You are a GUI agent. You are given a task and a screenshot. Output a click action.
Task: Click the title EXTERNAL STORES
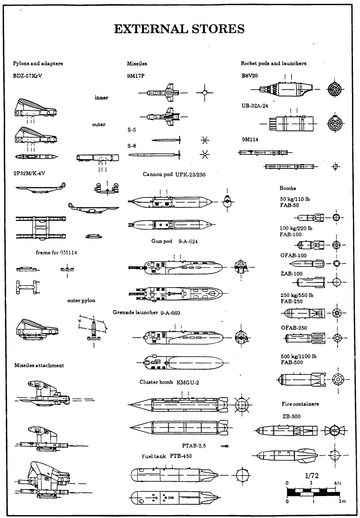coord(180,29)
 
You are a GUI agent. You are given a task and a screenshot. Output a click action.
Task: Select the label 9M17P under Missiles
coord(136,75)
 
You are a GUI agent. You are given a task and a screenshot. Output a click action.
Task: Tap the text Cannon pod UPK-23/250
coord(174,174)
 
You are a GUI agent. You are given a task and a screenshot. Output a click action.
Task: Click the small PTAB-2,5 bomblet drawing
coord(225,446)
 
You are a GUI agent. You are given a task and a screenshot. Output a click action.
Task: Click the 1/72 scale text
coord(312,475)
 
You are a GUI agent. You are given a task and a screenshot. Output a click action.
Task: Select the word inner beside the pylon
coord(102,98)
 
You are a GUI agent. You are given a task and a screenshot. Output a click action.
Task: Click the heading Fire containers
coord(300,404)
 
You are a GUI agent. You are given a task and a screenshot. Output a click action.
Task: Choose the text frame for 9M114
coord(56,252)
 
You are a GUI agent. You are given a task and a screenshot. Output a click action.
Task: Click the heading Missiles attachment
coord(39,366)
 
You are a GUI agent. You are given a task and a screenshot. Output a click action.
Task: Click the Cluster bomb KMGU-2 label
coord(170,382)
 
